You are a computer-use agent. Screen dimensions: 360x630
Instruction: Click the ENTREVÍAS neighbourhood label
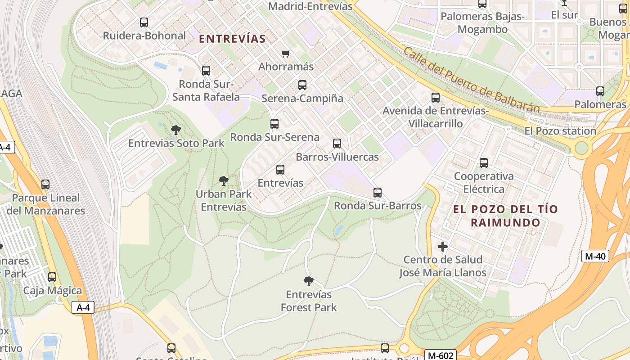pyautogui.click(x=232, y=39)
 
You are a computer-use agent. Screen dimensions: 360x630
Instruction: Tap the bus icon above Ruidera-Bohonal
pyautogui.click(x=144, y=22)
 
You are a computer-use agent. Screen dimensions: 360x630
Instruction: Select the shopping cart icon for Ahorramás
pyautogui.click(x=285, y=54)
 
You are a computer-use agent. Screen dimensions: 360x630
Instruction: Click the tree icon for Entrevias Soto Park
pyautogui.click(x=176, y=130)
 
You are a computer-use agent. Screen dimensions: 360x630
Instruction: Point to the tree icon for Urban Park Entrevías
pyautogui.click(x=223, y=181)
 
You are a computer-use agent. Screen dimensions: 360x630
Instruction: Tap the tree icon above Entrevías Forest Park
pyautogui.click(x=308, y=281)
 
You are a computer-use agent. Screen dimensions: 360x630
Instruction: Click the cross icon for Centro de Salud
pyautogui.click(x=443, y=247)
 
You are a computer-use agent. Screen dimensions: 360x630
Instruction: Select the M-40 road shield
pyautogui.click(x=595, y=256)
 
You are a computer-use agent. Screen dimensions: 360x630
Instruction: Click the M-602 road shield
pyautogui.click(x=441, y=355)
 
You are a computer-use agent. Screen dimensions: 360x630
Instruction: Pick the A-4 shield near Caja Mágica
pyautogui.click(x=83, y=307)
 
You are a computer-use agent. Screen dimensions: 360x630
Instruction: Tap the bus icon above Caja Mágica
pyautogui.click(x=52, y=277)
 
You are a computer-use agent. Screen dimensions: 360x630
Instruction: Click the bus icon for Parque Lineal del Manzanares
pyautogui.click(x=45, y=184)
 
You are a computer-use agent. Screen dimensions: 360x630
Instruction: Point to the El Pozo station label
pyautogui.click(x=560, y=131)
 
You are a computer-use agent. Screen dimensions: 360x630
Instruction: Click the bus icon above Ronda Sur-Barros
pyautogui.click(x=378, y=193)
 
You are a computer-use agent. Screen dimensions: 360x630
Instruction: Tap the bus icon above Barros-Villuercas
pyautogui.click(x=337, y=144)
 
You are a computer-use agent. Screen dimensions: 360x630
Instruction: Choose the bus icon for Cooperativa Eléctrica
pyautogui.click(x=484, y=163)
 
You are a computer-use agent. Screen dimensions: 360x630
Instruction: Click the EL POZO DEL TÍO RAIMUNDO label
pyautogui.click(x=505, y=216)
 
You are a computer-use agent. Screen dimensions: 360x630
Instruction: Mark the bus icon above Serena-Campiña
pyautogui.click(x=302, y=85)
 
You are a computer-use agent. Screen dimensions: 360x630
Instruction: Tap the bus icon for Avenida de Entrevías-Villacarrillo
pyautogui.click(x=435, y=97)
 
